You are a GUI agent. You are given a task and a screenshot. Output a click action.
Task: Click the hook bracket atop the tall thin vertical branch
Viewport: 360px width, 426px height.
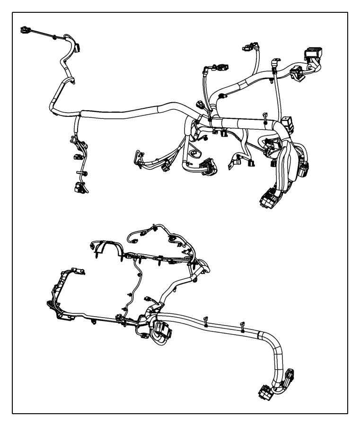[274, 62]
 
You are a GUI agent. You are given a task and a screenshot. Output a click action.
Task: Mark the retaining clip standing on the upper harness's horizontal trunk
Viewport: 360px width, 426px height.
[264, 115]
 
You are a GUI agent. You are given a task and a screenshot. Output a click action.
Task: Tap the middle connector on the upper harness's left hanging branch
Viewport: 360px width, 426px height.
[76, 156]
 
